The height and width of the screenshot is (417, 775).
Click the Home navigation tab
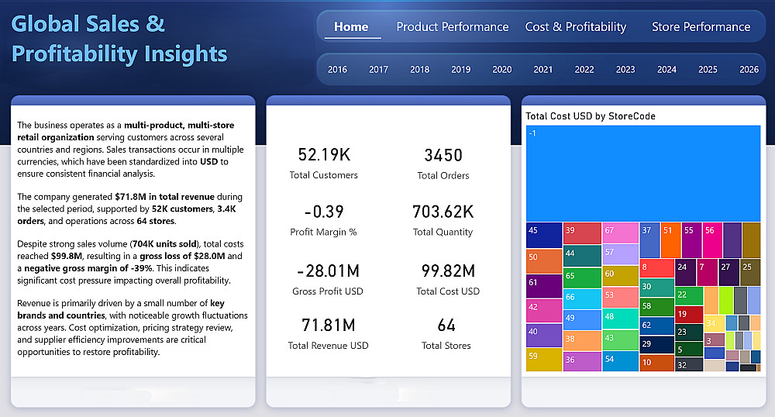[x=351, y=26]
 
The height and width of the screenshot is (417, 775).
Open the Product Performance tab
[x=453, y=26]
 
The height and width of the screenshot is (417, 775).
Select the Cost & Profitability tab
[x=575, y=26]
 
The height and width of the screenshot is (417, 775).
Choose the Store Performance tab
[x=701, y=26]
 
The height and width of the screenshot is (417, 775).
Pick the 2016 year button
[x=338, y=69]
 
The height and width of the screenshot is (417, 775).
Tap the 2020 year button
[x=502, y=69]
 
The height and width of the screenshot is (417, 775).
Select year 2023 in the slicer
[x=625, y=69]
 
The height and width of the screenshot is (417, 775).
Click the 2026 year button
[x=749, y=69]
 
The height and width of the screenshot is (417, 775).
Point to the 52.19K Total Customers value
[x=324, y=155]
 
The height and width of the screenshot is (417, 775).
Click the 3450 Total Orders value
[x=443, y=155]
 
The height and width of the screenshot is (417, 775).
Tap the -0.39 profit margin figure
[x=324, y=212]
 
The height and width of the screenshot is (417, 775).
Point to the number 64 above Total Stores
[x=446, y=326]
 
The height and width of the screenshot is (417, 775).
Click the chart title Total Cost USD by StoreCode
[x=591, y=116]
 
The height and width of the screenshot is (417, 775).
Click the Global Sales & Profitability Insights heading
[x=120, y=39]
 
